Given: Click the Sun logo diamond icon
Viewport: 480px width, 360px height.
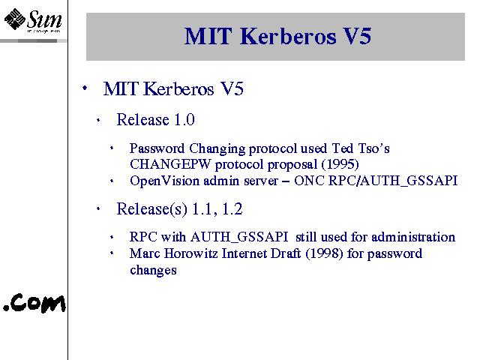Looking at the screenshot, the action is [14, 19].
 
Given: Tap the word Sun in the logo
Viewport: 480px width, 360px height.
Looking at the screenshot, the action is [45, 19].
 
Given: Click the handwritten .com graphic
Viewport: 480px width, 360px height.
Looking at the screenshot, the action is [34, 303].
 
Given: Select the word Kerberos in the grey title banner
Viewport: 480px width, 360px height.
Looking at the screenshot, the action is [288, 37].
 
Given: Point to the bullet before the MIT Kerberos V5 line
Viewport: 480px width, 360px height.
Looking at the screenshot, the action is [85, 88].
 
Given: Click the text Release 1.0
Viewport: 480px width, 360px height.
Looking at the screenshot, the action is [155, 119].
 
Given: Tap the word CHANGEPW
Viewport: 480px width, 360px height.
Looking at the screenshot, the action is [170, 164].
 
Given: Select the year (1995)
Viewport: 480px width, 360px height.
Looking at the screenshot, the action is [340, 164].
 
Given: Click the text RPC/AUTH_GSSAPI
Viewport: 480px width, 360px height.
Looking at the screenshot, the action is [393, 181].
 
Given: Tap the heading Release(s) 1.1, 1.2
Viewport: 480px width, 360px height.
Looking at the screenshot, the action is [179, 209].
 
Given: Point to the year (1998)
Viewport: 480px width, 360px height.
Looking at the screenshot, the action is [324, 253].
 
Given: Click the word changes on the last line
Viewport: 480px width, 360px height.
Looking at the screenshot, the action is [153, 270].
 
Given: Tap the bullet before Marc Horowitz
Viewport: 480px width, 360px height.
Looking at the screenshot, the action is [112, 253].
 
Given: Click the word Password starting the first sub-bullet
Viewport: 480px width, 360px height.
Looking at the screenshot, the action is [157, 148].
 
